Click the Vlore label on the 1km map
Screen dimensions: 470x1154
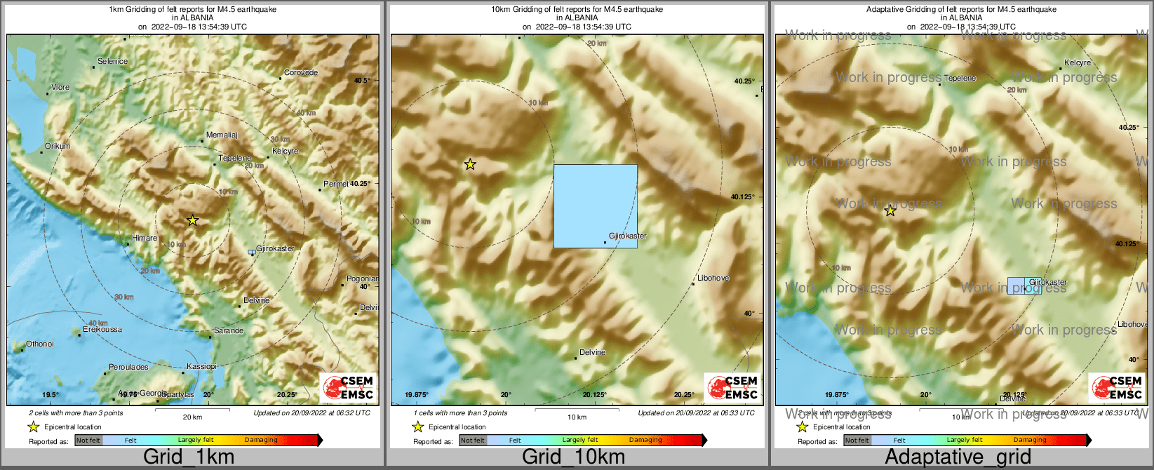(60, 88)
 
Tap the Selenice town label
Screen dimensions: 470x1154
(112, 62)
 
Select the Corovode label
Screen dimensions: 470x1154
(301, 73)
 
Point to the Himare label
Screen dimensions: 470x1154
(145, 239)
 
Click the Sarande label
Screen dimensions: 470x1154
(229, 330)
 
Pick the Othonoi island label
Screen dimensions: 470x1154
(40, 344)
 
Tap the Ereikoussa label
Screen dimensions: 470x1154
(102, 330)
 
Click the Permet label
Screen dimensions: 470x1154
(336, 184)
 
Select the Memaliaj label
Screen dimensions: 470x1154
(222, 135)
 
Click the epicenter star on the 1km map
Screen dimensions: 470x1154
(193, 220)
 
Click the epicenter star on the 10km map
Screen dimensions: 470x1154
(470, 165)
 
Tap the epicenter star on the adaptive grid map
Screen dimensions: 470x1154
(890, 210)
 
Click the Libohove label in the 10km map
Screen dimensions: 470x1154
(713, 278)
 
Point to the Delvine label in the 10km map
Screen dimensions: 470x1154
(593, 353)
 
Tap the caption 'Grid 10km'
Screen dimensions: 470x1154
(573, 457)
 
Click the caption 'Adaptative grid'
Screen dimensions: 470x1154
(958, 457)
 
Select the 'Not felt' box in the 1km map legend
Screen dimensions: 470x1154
(88, 441)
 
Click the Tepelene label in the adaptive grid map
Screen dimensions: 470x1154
(960, 79)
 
